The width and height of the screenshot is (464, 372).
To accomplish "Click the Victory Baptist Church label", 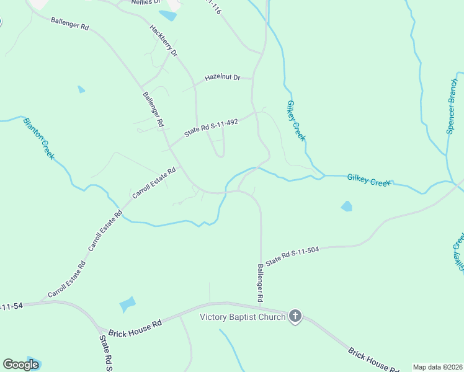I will click(x=242, y=317).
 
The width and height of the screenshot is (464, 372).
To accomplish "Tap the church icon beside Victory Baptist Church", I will click(x=295, y=317).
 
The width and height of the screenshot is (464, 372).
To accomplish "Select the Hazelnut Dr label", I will click(x=223, y=78).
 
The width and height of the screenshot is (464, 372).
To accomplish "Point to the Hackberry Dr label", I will click(x=164, y=41).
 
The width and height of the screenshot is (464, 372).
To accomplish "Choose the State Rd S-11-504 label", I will click(x=292, y=255).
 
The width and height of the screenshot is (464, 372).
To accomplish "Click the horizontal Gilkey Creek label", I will click(x=370, y=180).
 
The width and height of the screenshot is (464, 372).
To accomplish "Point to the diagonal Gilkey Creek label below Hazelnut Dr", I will click(x=297, y=120).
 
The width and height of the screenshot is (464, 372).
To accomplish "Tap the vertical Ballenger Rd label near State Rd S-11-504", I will click(x=261, y=283).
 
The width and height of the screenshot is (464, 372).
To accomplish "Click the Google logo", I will click(x=20, y=365).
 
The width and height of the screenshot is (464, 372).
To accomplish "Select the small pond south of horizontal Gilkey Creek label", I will click(x=346, y=206).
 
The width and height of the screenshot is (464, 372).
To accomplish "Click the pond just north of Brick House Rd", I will click(x=128, y=304).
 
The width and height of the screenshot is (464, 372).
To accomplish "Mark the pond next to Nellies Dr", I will click(x=167, y=15).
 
